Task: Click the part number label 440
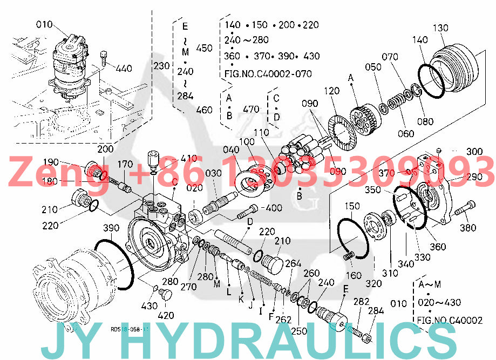point(124,69)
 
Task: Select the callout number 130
point(440,28)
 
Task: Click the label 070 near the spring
point(390,56)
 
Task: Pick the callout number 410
point(189,158)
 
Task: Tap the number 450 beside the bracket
point(204,48)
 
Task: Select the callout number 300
point(474,152)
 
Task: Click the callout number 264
point(293,263)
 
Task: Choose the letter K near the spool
point(241,298)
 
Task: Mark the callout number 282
point(362,301)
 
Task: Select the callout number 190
point(51,162)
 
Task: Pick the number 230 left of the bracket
point(161,66)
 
